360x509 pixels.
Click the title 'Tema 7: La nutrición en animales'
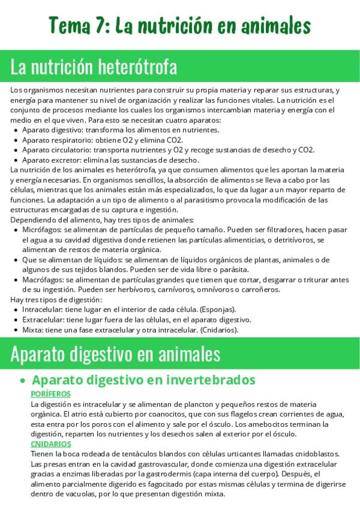point(179,26)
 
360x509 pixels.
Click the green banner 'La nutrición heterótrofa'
point(94,67)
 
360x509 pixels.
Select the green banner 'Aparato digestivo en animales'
point(115,354)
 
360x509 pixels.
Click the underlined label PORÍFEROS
point(50,394)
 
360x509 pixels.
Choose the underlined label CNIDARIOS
point(50,444)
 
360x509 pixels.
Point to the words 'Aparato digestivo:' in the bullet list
point(53,130)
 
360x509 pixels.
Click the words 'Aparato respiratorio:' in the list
point(58,140)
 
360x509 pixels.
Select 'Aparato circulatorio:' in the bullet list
point(58,150)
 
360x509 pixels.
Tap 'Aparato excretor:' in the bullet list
point(52,160)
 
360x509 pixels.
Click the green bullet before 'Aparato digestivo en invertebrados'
point(22,381)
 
